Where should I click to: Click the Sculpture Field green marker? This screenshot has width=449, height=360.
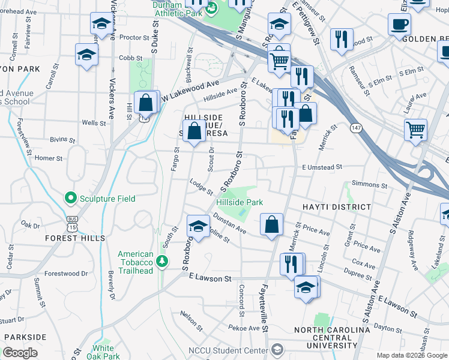click(x=71, y=198)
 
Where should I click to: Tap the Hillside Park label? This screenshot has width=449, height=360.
click(x=240, y=203)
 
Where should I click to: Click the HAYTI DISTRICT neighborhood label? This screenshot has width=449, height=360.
click(x=337, y=207)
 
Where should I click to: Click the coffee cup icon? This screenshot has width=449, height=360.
click(x=399, y=25)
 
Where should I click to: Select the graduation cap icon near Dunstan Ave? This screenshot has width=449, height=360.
click(x=197, y=226)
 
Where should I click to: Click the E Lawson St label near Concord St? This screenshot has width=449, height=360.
click(x=209, y=279)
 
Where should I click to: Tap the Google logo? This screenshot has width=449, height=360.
click(x=20, y=353)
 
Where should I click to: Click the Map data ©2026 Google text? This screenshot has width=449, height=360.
click(x=411, y=355)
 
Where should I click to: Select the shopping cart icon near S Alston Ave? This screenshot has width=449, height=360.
click(x=415, y=129)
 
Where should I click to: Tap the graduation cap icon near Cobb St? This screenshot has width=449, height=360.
click(x=87, y=55)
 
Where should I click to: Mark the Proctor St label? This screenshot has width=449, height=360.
click(x=134, y=37)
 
